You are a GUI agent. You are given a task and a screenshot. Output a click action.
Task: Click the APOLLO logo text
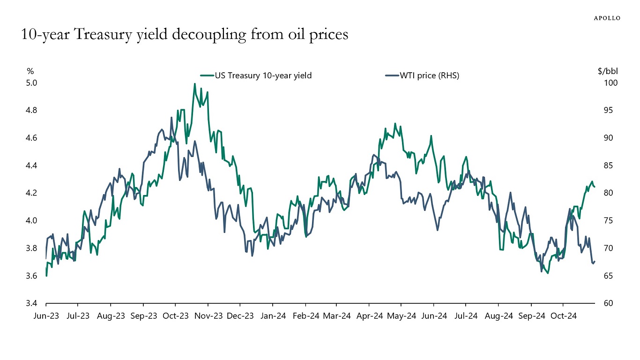[607, 18]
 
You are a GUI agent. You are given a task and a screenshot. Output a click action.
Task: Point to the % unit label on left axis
[30, 71]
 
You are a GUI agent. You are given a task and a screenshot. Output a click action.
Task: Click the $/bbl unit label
[608, 71]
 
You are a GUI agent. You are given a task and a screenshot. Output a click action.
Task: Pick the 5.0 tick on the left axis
[31, 83]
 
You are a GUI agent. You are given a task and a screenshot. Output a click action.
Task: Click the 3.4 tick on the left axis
[31, 303]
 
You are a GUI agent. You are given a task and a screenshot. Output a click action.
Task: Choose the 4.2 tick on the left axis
[31, 193]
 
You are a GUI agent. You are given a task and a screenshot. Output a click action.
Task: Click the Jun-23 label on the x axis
[46, 316]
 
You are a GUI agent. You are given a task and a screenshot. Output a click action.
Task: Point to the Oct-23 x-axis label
[175, 316]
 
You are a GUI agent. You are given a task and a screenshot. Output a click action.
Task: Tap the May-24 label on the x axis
[402, 316]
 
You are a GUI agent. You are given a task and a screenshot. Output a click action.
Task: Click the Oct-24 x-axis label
[563, 316]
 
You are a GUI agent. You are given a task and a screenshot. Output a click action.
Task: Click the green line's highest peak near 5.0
[194, 84]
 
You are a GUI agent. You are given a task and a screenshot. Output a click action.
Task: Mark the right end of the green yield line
[595, 187]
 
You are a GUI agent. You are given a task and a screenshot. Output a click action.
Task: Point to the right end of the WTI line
[595, 262]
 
